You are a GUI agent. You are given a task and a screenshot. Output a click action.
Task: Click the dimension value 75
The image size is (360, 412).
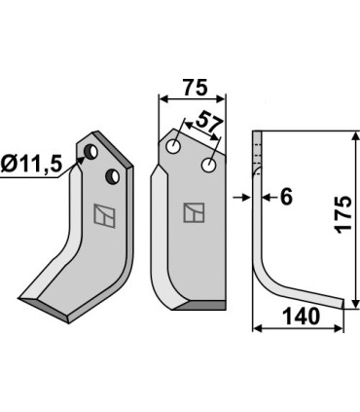[x=195, y=87]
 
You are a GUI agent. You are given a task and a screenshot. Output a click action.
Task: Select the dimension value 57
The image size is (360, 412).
[x=210, y=123]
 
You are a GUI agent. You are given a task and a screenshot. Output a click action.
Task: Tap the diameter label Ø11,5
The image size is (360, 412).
[x=31, y=165]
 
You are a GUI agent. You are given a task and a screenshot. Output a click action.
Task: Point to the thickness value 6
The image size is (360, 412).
[x=286, y=197]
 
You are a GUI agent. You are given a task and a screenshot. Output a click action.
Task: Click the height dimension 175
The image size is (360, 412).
[x=343, y=214]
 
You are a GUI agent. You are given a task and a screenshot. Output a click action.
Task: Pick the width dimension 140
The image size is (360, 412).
[x=302, y=317]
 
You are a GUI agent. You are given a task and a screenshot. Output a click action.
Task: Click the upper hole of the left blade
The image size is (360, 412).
[x=90, y=151]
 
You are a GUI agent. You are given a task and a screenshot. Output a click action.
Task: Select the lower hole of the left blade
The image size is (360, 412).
[x=113, y=176]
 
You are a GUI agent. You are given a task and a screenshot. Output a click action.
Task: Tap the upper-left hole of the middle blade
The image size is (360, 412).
[x=173, y=146]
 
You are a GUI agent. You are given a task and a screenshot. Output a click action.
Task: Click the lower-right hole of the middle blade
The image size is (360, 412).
[x=208, y=165]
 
